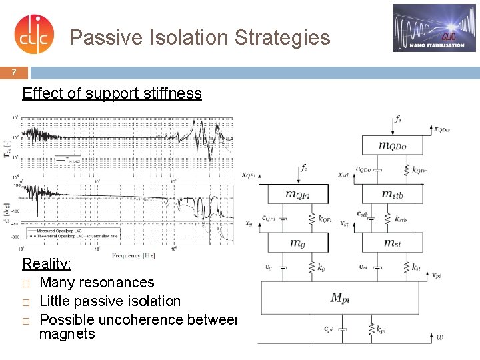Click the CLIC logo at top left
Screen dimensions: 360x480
coord(31,35)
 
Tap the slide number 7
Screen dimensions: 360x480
coord(13,72)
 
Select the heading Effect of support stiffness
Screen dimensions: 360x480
coord(112,93)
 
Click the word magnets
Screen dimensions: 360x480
coord(67,334)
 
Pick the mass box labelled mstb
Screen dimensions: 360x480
coord(392,194)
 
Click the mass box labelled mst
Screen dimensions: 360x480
coord(392,243)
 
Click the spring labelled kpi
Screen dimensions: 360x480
coord(371,329)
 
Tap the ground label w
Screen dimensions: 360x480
coord(439,337)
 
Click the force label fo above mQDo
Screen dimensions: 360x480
coord(398,120)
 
